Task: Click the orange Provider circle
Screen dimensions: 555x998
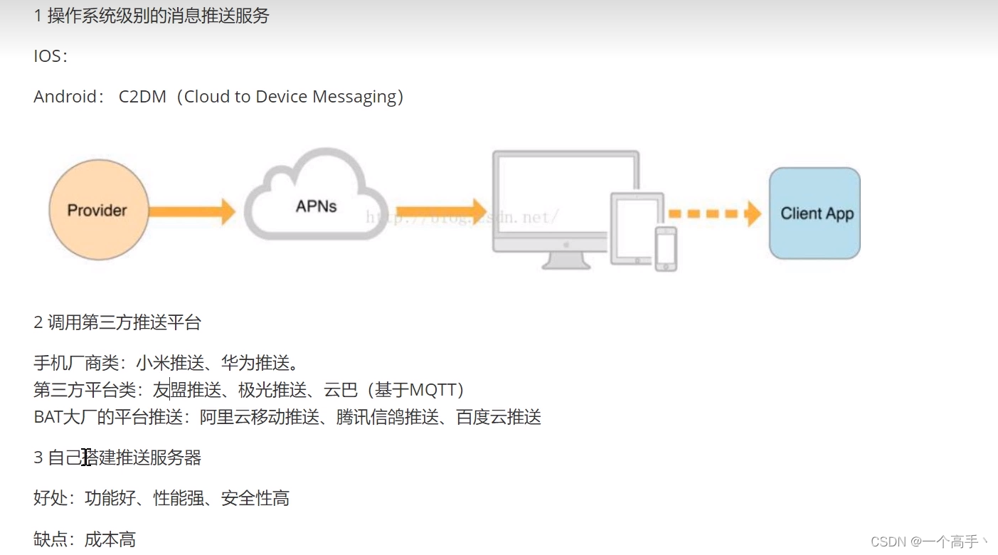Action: click(98, 210)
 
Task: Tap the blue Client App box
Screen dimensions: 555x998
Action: click(815, 213)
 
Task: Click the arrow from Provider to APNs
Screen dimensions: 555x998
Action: click(192, 211)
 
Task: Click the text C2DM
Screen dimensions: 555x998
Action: click(142, 97)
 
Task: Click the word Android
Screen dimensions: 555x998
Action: click(64, 97)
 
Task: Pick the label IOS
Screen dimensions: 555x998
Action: click(48, 56)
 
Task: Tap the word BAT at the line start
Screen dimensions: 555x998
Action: click(48, 417)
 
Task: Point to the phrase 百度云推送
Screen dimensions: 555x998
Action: click(499, 417)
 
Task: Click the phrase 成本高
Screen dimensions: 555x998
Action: click(110, 539)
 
